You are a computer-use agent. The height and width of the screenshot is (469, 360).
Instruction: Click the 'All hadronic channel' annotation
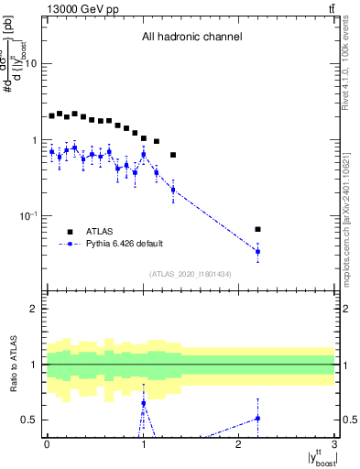[191, 38]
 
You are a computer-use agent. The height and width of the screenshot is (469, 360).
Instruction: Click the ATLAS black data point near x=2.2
[257, 229]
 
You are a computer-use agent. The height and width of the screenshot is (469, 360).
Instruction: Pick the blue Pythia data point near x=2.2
[257, 251]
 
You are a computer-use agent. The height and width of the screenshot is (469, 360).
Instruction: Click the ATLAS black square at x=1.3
[173, 155]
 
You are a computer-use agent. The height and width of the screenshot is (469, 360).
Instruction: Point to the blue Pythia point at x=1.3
[173, 190]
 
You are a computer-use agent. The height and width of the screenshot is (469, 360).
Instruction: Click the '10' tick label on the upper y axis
[31, 63]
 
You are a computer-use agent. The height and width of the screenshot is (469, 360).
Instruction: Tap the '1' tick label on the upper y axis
[35, 140]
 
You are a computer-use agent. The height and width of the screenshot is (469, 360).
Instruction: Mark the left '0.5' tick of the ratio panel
[30, 420]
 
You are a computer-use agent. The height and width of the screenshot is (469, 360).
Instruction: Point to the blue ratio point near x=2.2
[257, 418]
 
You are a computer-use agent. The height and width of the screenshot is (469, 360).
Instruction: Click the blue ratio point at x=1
[144, 403]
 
